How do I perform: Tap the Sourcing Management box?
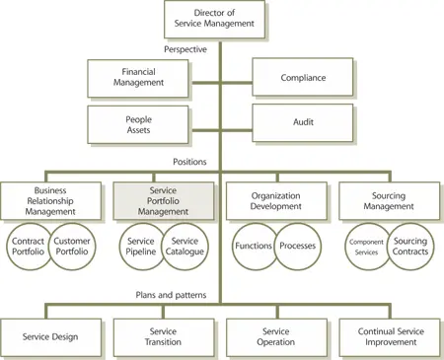click(386, 200)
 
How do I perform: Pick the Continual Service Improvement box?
click(386, 337)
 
